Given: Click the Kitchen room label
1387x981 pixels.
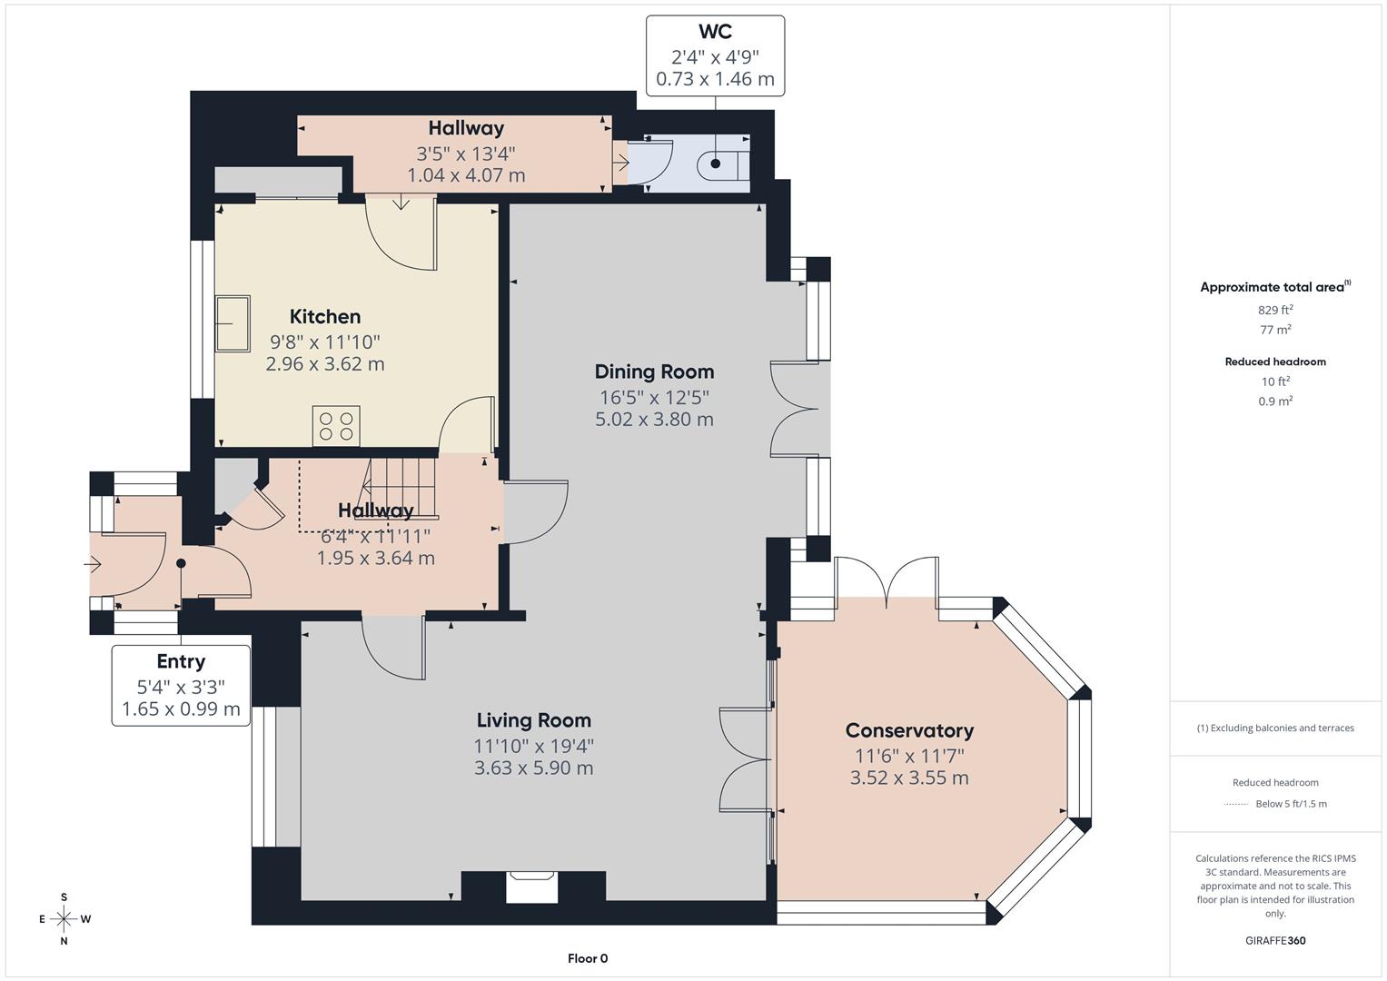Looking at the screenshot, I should [325, 317].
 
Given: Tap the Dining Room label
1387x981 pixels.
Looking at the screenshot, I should [654, 372].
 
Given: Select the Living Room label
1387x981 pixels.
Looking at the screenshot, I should [533, 720].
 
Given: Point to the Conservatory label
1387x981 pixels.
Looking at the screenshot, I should [909, 730].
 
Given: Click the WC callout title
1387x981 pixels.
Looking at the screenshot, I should [715, 32].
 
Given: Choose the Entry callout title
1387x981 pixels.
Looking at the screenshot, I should [181, 661].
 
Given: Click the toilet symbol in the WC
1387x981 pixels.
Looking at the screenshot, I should [721, 164].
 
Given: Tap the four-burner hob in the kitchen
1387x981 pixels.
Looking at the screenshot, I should [336, 426].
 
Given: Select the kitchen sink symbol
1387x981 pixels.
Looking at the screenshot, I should [233, 323].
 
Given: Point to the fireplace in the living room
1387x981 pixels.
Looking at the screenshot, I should [531, 887].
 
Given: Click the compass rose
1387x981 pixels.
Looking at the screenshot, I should [64, 918].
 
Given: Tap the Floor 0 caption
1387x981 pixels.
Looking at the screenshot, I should [588, 958].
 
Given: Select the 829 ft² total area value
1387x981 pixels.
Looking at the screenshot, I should [1275, 310].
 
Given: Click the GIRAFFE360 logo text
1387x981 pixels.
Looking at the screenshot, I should [1275, 940].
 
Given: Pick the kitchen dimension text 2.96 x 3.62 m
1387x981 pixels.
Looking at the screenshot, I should [325, 364].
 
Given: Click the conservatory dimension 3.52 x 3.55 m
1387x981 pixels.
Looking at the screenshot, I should [909, 778].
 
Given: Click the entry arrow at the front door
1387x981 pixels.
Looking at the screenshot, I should [93, 564].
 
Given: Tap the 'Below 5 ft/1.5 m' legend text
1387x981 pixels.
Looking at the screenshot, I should [1291, 804].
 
